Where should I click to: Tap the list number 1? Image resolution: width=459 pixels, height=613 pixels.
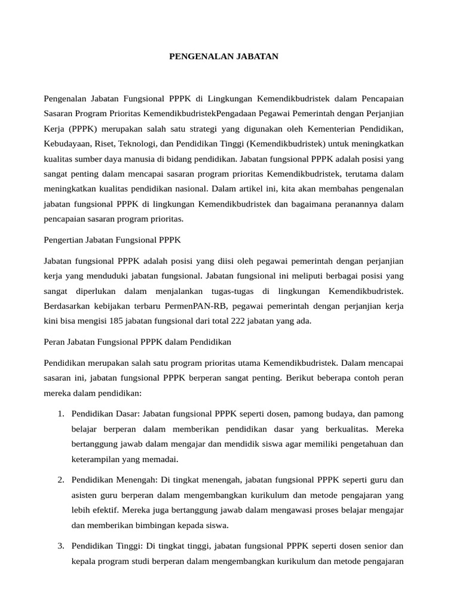click(61, 414)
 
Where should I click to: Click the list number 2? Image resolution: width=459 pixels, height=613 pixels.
click(61, 480)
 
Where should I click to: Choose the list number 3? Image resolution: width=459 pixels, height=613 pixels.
click(61, 545)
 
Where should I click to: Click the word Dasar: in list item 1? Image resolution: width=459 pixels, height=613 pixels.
click(126, 414)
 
